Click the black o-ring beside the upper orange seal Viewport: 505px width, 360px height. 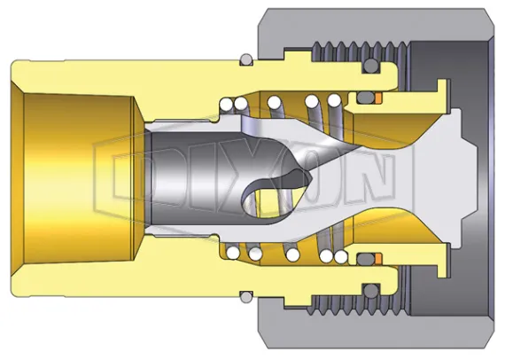[368, 95]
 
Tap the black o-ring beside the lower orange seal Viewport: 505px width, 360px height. [368, 262]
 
